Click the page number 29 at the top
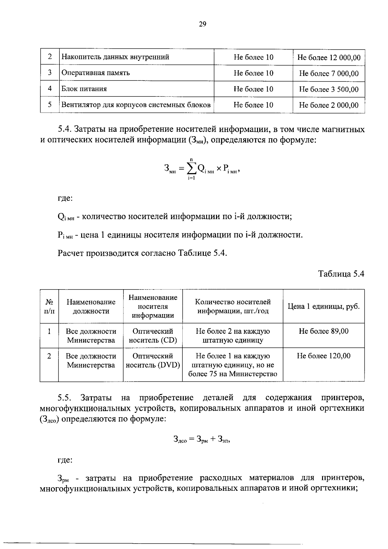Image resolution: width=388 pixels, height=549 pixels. (x=202, y=24)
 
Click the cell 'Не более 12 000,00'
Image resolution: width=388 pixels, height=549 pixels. (x=329, y=58)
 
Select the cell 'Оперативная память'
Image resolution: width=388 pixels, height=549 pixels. (x=96, y=73)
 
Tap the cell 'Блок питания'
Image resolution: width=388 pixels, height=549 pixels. (x=84, y=89)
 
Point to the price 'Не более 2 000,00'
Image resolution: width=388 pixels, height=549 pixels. (x=329, y=105)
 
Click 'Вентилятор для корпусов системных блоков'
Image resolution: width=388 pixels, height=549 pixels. (x=136, y=105)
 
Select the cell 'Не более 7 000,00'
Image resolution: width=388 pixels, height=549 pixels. (x=329, y=73)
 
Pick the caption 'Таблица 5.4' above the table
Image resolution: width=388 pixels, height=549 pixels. (x=341, y=274)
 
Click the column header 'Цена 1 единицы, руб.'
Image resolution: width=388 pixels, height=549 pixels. (x=324, y=306)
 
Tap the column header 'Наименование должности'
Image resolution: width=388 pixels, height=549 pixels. (x=91, y=306)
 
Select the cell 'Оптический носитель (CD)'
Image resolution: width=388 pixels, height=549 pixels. (x=153, y=335)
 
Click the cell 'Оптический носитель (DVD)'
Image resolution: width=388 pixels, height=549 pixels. (x=153, y=360)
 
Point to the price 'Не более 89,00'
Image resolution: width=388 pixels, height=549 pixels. (x=324, y=331)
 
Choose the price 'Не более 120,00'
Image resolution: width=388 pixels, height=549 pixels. (x=324, y=356)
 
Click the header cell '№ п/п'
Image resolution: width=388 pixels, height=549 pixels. (x=49, y=306)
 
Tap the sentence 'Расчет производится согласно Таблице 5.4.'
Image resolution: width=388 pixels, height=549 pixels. (x=143, y=253)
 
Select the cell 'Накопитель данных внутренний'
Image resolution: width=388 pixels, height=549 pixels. (x=115, y=57)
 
